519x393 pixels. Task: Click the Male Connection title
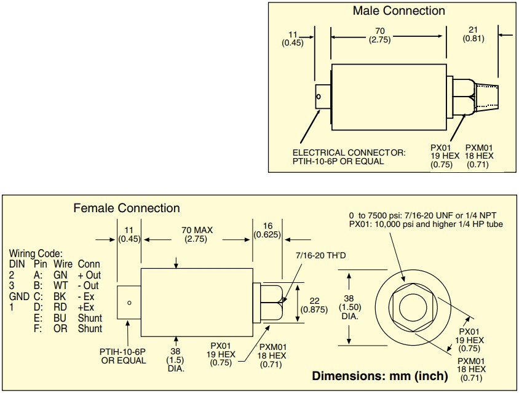click(x=398, y=10)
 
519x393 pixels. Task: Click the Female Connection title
click(x=127, y=208)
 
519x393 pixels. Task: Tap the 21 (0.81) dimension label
click(x=473, y=33)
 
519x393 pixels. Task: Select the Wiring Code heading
click(x=36, y=253)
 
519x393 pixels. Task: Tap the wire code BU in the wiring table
click(x=60, y=319)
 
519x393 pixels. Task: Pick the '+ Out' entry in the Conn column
click(x=89, y=275)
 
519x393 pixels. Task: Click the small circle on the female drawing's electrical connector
click(x=129, y=302)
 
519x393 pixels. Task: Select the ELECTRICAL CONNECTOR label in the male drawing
click(x=349, y=153)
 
